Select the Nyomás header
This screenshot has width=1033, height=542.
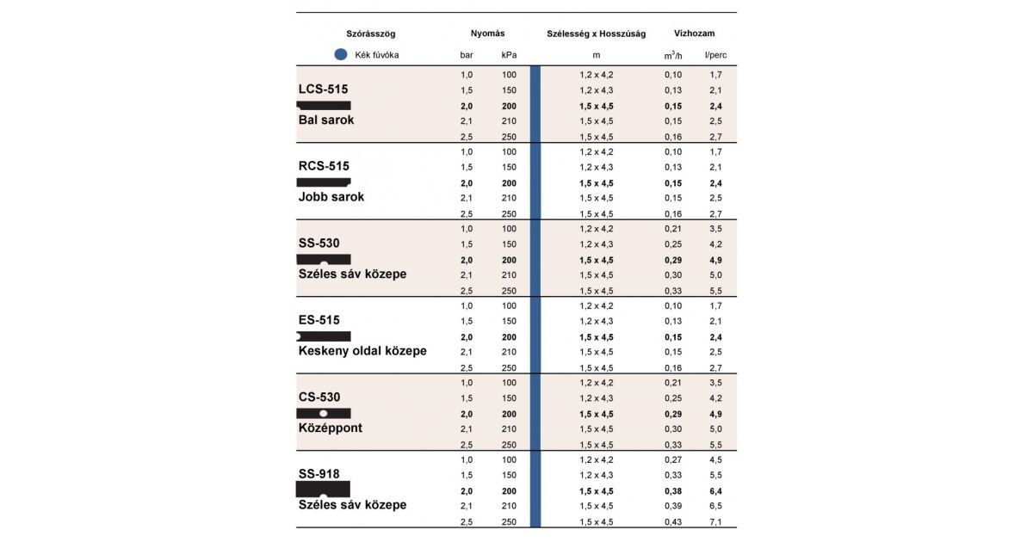point(487,34)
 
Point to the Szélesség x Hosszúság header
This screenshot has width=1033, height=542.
point(597,34)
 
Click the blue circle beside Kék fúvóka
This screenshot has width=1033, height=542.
point(340,55)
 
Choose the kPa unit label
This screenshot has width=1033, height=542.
point(509,56)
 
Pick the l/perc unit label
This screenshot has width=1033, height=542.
point(715,56)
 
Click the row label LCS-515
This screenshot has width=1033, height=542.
point(323,89)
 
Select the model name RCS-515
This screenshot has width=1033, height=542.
point(324,166)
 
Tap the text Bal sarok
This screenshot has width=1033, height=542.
point(326,120)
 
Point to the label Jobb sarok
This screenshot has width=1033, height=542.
point(331,197)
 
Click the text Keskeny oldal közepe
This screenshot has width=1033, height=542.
point(362,351)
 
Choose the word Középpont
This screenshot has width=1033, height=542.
point(331,428)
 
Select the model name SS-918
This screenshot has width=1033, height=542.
point(319,474)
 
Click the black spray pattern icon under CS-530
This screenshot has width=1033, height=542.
point(323,413)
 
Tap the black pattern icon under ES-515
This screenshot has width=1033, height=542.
point(323,336)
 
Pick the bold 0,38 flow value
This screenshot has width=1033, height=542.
point(672,490)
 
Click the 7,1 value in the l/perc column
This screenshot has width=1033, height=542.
point(715,521)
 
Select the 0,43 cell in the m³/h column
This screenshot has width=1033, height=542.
point(672,521)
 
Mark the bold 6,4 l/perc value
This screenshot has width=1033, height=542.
point(715,490)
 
